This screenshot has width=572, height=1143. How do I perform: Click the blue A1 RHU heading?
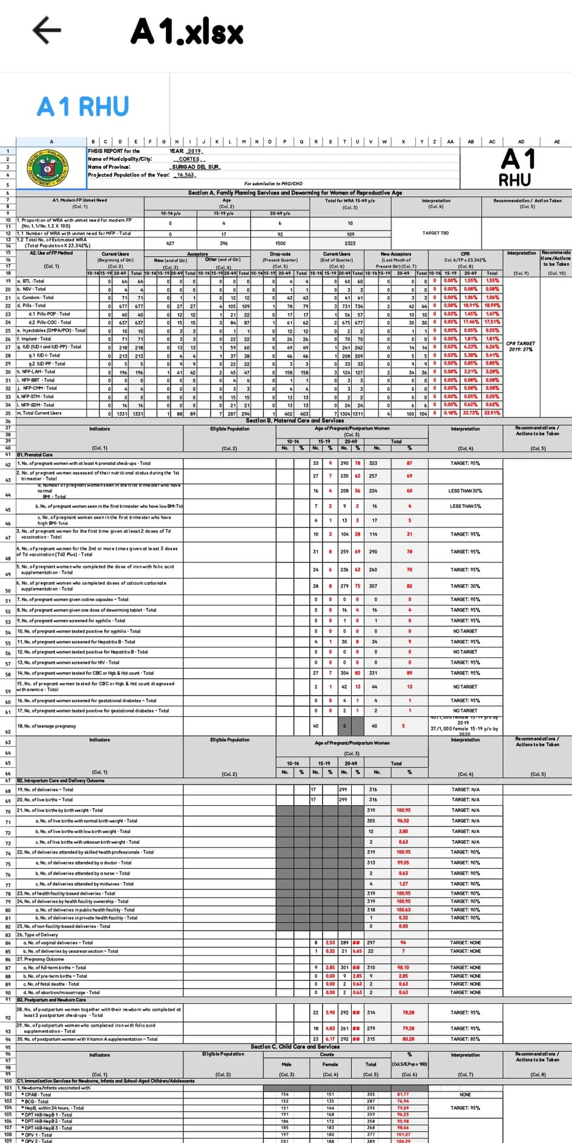point(83,107)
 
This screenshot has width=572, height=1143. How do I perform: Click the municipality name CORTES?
point(189,159)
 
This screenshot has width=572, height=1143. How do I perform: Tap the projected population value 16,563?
point(185,175)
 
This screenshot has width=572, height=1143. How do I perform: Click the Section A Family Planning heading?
point(295,193)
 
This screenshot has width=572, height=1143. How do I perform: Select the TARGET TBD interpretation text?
point(436,233)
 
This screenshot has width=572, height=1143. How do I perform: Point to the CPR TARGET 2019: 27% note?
point(520,346)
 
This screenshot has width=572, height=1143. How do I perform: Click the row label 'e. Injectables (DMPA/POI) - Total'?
point(51,331)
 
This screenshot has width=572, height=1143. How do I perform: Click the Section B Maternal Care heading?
point(295,420)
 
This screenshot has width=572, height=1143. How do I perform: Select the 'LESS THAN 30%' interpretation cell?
point(465,491)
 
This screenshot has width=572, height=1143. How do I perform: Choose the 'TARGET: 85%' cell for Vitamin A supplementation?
point(465,1039)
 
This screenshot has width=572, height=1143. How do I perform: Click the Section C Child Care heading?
point(295,1046)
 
